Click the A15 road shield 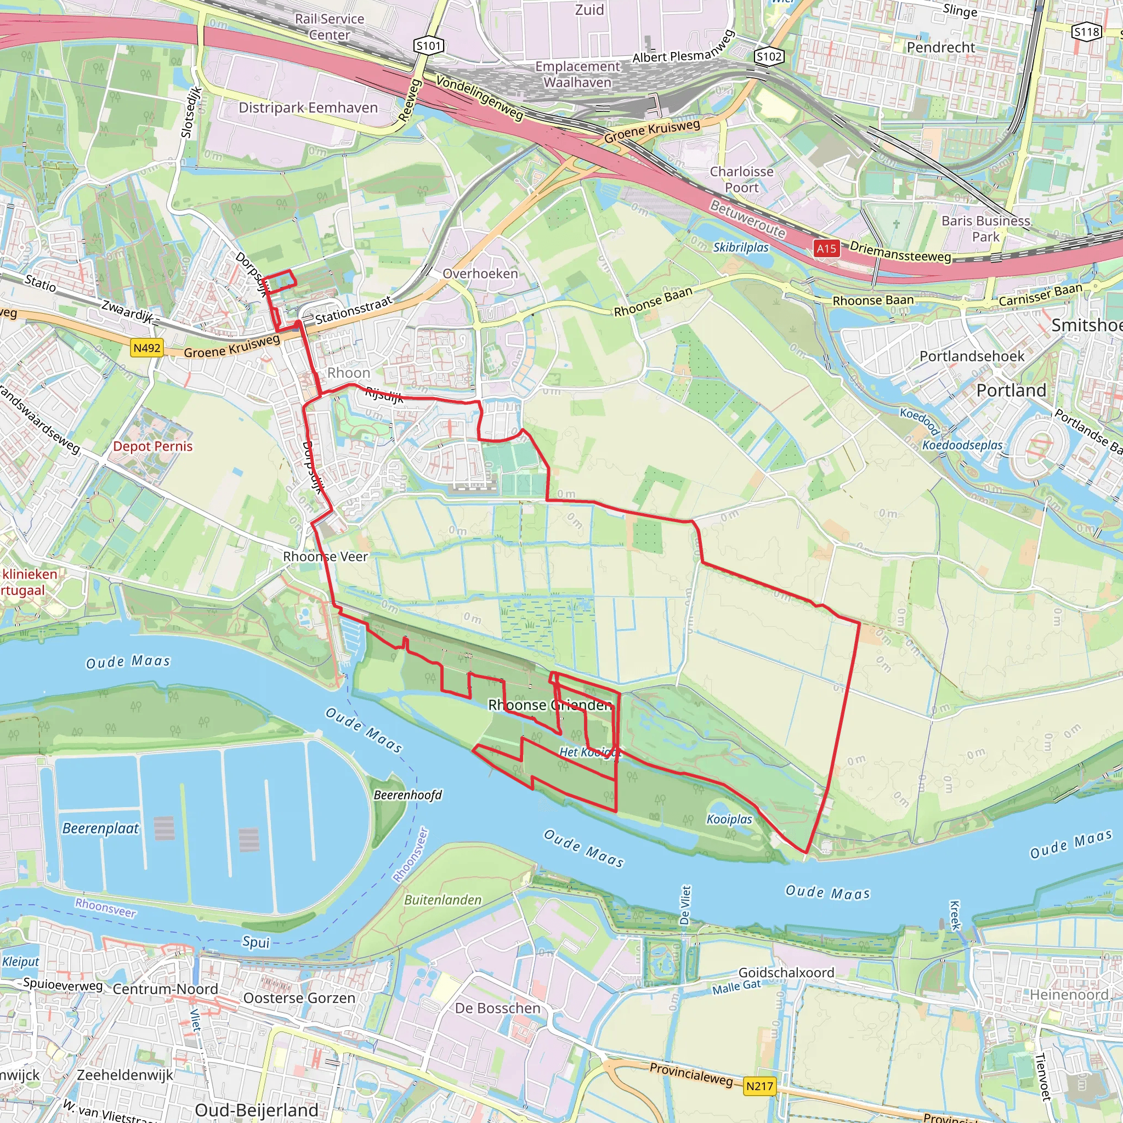(826, 249)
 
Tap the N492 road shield (146, 348)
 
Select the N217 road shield (759, 1086)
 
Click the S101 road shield (429, 46)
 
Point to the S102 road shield (769, 56)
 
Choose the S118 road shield (1086, 32)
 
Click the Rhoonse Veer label (325, 556)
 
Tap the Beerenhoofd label (407, 795)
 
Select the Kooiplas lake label (729, 819)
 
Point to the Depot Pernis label (152, 446)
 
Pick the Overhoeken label (480, 273)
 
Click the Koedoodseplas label (962, 445)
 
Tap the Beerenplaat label (100, 829)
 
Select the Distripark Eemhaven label (308, 107)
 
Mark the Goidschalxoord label (786, 972)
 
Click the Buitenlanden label (443, 900)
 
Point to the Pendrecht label (940, 47)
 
